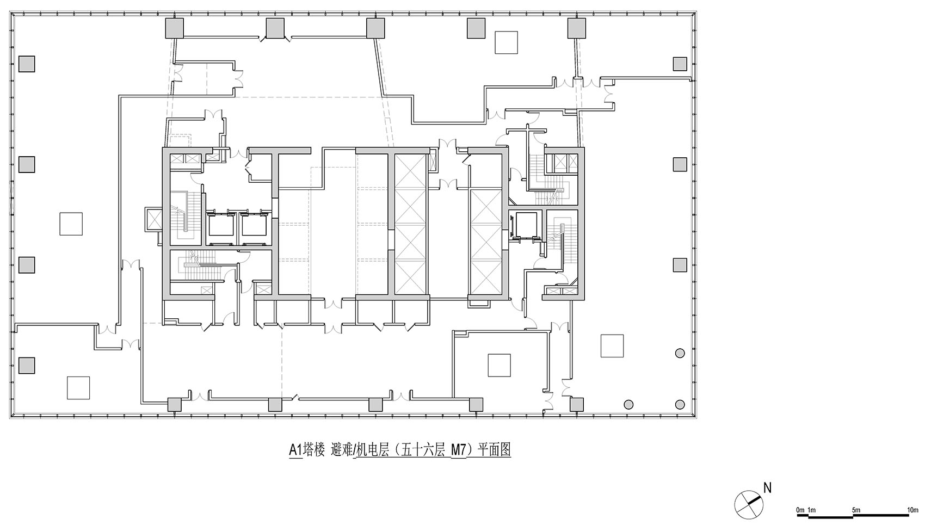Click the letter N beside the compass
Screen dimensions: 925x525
767,487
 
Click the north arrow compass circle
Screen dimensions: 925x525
748,505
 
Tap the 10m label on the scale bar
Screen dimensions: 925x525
912,510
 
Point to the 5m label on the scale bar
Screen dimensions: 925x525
856,510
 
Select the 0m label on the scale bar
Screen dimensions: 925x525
800,510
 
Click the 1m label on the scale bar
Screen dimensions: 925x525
811,510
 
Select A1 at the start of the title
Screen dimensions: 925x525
295,450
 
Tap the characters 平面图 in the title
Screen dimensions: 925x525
494,450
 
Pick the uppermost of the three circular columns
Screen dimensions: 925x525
680,353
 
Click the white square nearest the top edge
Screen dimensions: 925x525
506,42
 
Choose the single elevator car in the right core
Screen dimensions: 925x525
525,224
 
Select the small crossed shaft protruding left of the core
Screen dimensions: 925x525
153,219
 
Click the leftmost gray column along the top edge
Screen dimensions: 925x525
174,28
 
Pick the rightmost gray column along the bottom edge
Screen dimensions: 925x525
577,404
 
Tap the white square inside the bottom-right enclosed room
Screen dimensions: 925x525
499,365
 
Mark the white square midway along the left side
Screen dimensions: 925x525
71,224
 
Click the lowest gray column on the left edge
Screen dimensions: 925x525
27,365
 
